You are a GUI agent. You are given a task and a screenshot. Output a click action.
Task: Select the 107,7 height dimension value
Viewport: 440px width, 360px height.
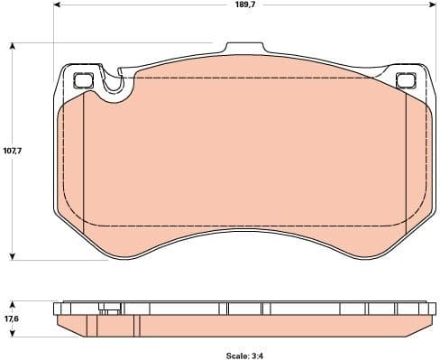tap(13, 151)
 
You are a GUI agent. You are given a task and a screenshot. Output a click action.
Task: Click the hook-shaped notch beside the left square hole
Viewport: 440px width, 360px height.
tap(115, 88)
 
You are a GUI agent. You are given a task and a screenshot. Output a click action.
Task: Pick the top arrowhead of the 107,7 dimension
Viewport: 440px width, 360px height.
tap(14, 46)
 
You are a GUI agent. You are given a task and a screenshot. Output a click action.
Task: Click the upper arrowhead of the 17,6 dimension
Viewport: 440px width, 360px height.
tap(14, 302)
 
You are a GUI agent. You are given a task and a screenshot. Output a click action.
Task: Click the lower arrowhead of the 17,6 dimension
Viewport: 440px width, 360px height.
tap(14, 331)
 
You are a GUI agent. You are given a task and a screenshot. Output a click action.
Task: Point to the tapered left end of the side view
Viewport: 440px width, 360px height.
tap(60, 322)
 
